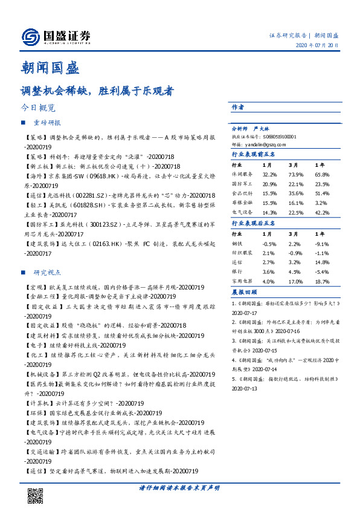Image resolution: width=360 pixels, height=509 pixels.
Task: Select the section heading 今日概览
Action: pos(38,109)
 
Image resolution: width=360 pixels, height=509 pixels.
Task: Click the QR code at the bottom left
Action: pos(36,495)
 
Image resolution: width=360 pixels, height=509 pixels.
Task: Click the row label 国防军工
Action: pos(242,184)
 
